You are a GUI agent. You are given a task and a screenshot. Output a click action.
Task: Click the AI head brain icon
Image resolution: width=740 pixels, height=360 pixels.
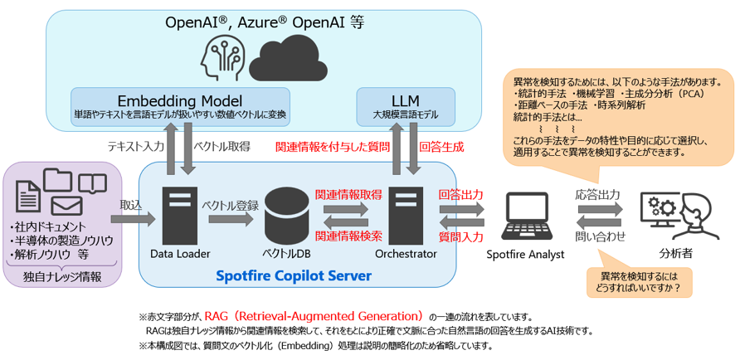pos(223,56)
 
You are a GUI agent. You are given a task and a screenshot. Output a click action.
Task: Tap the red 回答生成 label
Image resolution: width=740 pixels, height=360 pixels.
pos(441,147)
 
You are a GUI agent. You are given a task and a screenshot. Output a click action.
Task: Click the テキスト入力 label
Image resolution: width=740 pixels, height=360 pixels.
pos(135,147)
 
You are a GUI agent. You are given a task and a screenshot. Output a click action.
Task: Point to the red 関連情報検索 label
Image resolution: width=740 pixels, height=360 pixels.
pos(348,236)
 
